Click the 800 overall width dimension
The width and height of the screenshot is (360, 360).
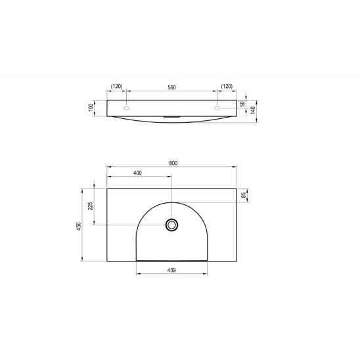click(173, 163)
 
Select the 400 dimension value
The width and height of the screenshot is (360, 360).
click(138, 173)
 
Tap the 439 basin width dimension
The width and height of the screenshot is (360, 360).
click(171, 269)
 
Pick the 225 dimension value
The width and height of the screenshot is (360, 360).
click(91, 207)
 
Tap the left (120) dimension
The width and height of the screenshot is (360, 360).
click(117, 86)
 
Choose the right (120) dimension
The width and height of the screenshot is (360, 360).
click(227, 86)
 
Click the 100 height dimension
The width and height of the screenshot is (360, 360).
click(93, 107)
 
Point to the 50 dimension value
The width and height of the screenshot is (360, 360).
click(243, 104)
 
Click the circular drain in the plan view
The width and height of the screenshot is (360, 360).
click(171, 225)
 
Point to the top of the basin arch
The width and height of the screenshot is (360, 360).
click(171, 201)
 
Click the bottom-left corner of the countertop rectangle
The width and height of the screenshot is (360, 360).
click(106, 261)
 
